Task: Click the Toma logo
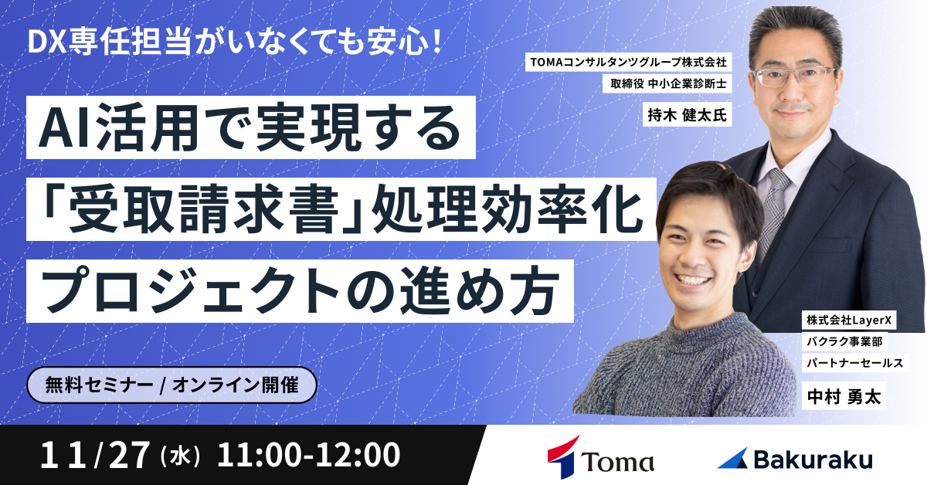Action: (x=599, y=456)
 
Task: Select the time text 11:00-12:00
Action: (x=309, y=456)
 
